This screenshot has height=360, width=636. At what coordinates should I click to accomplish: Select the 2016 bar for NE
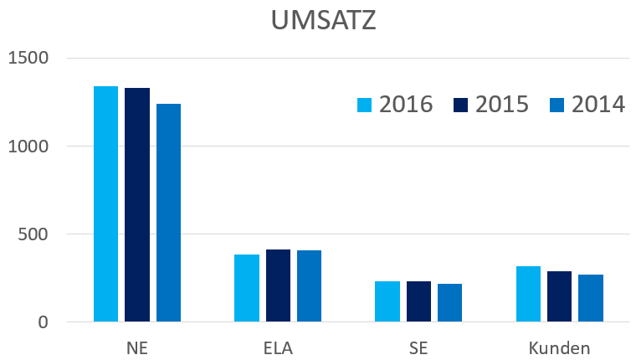click(x=105, y=204)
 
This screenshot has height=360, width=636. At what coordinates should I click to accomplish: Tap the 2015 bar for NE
click(x=137, y=205)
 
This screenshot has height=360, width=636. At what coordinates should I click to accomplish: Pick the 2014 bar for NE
click(x=168, y=213)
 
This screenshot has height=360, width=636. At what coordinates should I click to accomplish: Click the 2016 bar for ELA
click(x=247, y=288)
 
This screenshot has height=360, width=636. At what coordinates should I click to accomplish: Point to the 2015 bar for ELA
click(x=278, y=285)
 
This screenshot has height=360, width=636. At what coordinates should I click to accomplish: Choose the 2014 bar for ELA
click(x=309, y=286)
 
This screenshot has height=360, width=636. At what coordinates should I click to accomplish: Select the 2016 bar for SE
click(x=387, y=301)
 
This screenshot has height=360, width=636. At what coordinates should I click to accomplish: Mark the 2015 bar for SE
click(x=418, y=301)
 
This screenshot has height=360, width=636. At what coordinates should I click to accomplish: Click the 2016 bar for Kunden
click(x=528, y=294)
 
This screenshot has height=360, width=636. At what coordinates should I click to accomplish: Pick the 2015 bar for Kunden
click(x=559, y=296)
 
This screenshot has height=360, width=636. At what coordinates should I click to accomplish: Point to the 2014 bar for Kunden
click(x=591, y=298)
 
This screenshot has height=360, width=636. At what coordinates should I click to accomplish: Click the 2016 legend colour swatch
click(x=365, y=105)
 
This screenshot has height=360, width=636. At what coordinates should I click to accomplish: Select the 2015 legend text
click(x=502, y=105)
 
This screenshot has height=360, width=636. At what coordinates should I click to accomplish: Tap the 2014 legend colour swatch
click(x=557, y=105)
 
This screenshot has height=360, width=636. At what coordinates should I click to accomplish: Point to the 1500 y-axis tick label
click(x=29, y=58)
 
